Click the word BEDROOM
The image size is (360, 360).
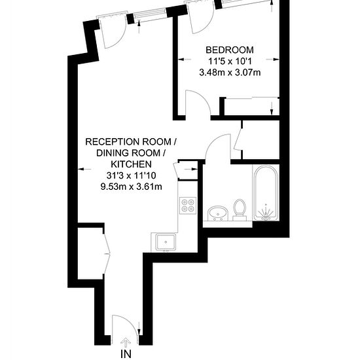point(230,50)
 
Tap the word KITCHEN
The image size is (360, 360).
point(131,164)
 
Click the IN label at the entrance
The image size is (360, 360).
point(126,354)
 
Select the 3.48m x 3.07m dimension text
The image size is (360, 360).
point(230,73)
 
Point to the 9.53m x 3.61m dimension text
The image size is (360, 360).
point(131,187)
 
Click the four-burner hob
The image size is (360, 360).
point(188,206)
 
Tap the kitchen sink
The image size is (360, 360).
point(166,242)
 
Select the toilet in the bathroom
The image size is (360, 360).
point(240,210)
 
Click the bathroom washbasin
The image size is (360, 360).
point(217,213)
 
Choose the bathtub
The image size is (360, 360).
point(266,193)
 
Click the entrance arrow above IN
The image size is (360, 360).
point(126,342)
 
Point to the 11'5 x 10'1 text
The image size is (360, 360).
point(230,62)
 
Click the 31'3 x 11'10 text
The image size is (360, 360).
point(132,175)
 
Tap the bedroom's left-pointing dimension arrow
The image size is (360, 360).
point(185,60)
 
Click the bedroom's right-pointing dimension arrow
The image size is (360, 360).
point(272,60)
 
